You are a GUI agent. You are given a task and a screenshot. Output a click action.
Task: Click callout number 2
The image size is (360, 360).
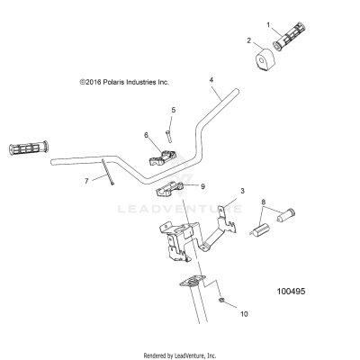point(249,40)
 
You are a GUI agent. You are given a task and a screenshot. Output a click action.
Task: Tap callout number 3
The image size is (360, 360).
point(241,192)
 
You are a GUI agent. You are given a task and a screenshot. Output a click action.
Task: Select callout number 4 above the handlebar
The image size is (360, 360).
point(211,80)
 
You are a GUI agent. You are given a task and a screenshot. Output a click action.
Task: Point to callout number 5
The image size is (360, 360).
point(173,110)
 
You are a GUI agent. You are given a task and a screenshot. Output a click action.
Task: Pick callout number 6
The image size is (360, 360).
point(146,135)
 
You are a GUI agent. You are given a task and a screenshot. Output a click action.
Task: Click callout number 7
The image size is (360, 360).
point(87,180)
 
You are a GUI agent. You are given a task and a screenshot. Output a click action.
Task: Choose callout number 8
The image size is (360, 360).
point(263,202)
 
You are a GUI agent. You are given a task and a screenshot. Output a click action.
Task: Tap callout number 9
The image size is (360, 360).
point(202,186)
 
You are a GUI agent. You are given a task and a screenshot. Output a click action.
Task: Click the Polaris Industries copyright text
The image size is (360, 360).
point(123,81)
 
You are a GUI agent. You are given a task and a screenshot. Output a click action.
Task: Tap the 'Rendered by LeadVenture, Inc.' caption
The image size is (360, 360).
point(181,354)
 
